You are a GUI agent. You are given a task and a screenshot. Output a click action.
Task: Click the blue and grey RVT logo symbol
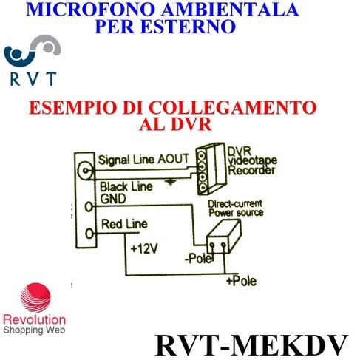pyautogui.click(x=33, y=51)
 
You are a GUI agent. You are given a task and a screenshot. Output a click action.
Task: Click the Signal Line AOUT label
pyautogui.click(x=143, y=160)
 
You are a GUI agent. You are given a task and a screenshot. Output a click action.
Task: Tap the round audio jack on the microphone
pyautogui.click(x=85, y=170)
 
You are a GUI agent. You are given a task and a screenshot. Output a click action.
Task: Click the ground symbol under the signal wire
pyautogui.click(x=170, y=182)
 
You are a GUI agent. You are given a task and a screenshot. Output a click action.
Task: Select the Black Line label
pyautogui.click(x=126, y=187)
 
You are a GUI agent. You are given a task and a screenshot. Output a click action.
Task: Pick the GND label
pyautogui.click(x=113, y=199)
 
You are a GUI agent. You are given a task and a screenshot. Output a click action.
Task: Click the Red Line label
pyautogui.click(x=124, y=224)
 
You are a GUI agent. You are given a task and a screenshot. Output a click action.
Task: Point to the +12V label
pyautogui.click(x=144, y=248)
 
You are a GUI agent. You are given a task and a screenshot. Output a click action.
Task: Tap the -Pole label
pyautogui.click(x=199, y=259)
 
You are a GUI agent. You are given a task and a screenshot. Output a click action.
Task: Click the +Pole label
pyautogui.click(x=242, y=281)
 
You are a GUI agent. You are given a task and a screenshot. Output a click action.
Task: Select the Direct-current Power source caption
pyautogui.click(x=236, y=208)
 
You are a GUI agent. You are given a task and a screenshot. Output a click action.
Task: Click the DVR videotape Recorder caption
pyautogui.click(x=252, y=161)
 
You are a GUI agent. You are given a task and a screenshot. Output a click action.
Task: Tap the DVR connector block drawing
pyautogui.click(x=211, y=169)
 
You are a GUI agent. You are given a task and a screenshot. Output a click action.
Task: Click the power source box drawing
pyautogui.click(x=224, y=237)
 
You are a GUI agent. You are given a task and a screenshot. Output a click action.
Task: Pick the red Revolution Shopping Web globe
pyautogui.click(x=36, y=297)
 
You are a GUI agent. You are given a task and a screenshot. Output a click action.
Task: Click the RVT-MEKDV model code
pyautogui.click(x=251, y=345)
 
